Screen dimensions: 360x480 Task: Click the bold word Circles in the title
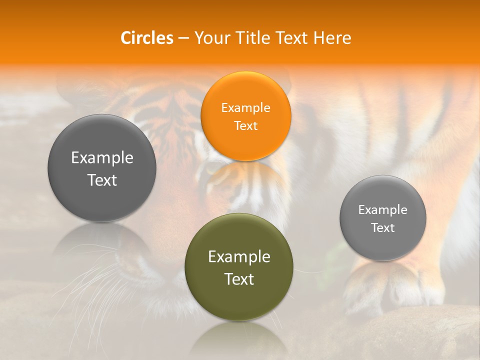pyautogui.click(x=146, y=38)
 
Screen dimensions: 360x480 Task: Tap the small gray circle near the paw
pyautogui.click(x=383, y=245)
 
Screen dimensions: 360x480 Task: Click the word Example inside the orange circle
pyautogui.click(x=245, y=108)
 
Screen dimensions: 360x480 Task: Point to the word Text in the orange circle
pyautogui.click(x=245, y=125)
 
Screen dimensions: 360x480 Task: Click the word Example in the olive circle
pyautogui.click(x=239, y=257)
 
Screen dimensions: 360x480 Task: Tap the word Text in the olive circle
pyautogui.click(x=239, y=279)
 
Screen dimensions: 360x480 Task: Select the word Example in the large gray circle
pyautogui.click(x=102, y=158)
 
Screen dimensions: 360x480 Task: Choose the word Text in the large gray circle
pyautogui.click(x=102, y=180)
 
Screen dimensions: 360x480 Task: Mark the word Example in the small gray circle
pyautogui.click(x=383, y=210)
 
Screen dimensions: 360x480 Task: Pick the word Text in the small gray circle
pyautogui.click(x=383, y=227)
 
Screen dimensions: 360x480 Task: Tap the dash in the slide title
pyautogui.click(x=183, y=38)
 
